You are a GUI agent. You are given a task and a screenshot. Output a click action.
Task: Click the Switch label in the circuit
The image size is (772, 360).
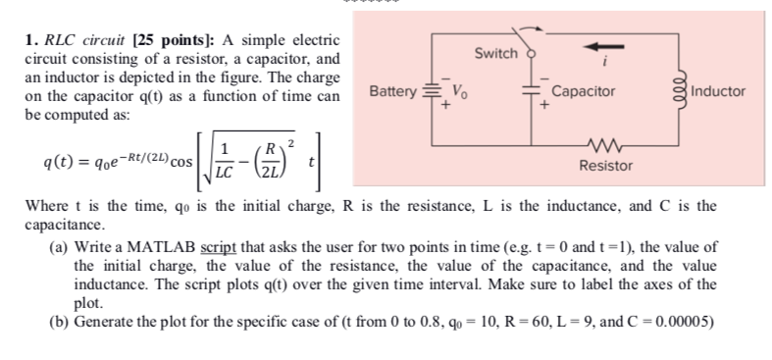(495, 53)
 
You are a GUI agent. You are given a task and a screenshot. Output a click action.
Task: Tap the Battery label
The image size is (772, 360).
(392, 92)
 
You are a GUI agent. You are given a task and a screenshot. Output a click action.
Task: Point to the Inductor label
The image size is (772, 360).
(718, 92)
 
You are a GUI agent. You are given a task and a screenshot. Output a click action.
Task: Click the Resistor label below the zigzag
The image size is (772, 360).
(605, 167)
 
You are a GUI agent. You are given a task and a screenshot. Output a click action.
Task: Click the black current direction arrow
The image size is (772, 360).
(600, 45)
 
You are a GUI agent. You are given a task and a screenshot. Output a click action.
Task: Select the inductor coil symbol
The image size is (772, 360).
(677, 92)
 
